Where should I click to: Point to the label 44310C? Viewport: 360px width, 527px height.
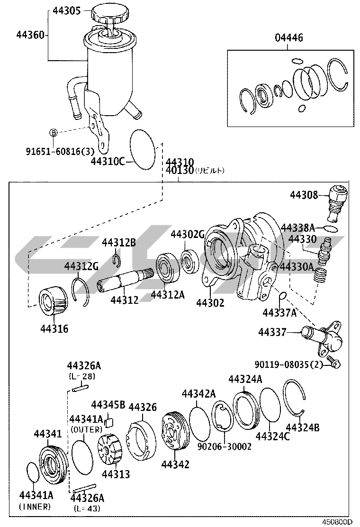click(x=108, y=161)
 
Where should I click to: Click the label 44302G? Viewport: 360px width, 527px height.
click(x=187, y=234)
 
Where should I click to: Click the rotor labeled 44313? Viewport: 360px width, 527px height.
click(x=110, y=450)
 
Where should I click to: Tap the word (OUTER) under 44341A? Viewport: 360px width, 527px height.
click(x=86, y=429)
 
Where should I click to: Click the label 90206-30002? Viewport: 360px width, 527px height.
click(x=224, y=446)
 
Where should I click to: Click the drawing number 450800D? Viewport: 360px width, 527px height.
click(x=338, y=522)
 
